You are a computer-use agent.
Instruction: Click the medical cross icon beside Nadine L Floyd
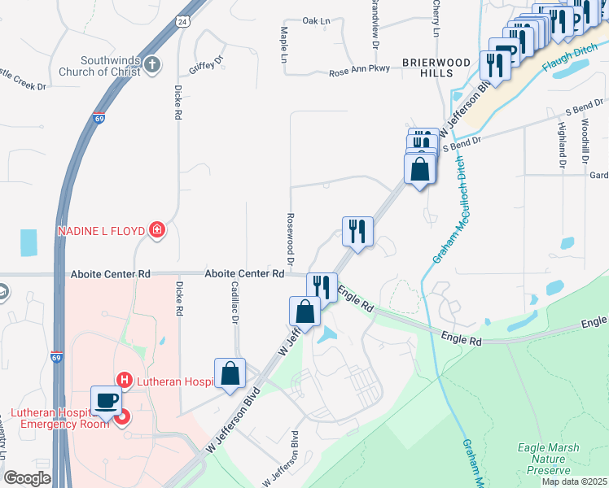(x=156, y=232)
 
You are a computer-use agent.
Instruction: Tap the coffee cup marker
(x=106, y=400)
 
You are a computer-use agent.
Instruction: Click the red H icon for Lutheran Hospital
(x=124, y=379)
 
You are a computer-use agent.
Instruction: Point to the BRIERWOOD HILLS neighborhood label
(x=436, y=67)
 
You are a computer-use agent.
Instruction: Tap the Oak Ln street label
(x=316, y=21)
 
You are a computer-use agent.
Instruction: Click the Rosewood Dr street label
(x=289, y=233)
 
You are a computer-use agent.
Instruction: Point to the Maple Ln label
(x=284, y=45)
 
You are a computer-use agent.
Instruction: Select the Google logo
(x=28, y=477)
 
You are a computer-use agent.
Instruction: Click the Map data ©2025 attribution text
(x=574, y=481)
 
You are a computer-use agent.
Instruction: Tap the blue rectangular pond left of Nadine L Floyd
(x=28, y=242)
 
